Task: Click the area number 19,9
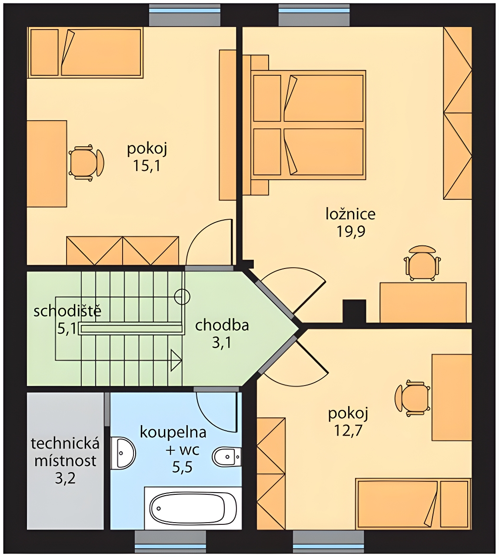pyautogui.click(x=351, y=232)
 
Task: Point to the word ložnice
pyautogui.click(x=351, y=214)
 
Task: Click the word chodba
pyautogui.click(x=222, y=325)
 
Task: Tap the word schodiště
pyautogui.click(x=67, y=311)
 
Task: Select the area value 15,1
pyautogui.click(x=146, y=166)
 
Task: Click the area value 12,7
pyautogui.click(x=348, y=430)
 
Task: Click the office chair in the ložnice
pyautogui.click(x=422, y=262)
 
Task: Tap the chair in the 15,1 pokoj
pyautogui.click(x=86, y=163)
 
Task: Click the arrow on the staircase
pyautogui.click(x=176, y=360)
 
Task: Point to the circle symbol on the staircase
pyautogui.click(x=182, y=297)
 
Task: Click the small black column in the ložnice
pyautogui.click(x=354, y=311)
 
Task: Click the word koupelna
pyautogui.click(x=173, y=433)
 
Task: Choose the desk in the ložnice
pyautogui.click(x=423, y=302)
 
